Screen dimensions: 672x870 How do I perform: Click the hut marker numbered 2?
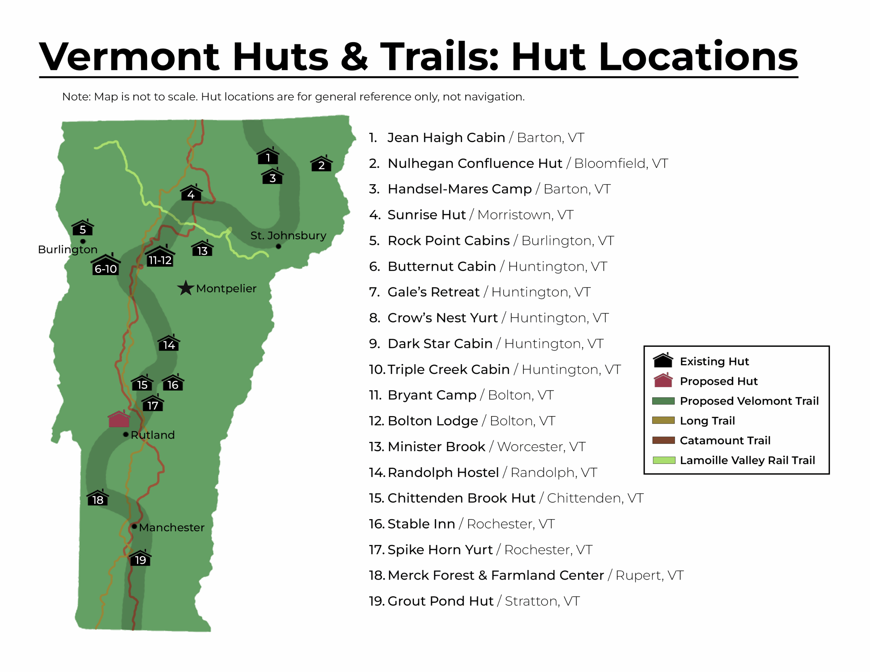[x=321, y=164]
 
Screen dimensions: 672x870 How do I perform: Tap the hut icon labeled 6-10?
[x=106, y=265]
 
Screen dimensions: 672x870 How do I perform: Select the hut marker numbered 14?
[x=169, y=343]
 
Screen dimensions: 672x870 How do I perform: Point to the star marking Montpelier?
[x=186, y=288]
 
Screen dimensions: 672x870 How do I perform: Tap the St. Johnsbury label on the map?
[x=288, y=235]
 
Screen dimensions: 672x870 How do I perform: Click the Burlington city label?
[x=68, y=249]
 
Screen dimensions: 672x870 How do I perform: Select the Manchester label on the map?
[x=171, y=527]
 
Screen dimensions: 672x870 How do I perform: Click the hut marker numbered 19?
[x=140, y=558]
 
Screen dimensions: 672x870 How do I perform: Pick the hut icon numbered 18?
[x=98, y=498]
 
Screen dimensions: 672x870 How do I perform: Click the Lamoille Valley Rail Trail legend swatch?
[x=664, y=460]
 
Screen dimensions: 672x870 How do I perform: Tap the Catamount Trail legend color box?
[x=664, y=440]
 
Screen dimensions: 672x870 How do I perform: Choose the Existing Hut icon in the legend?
[x=663, y=360]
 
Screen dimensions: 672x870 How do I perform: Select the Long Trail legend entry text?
[x=707, y=421]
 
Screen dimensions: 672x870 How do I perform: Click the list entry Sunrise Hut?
[x=426, y=215]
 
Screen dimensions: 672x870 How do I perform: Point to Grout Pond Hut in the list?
[x=440, y=601]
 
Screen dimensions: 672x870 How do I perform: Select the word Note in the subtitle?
[x=76, y=97]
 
